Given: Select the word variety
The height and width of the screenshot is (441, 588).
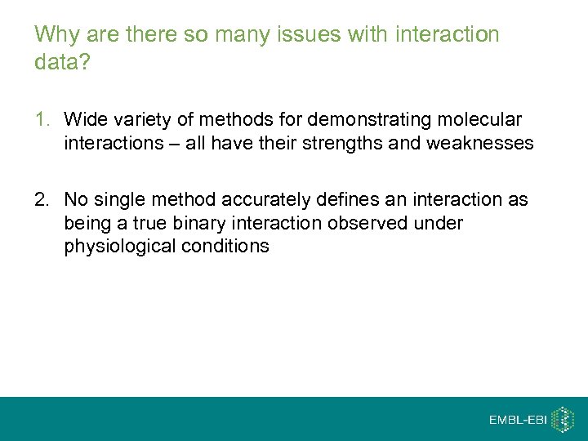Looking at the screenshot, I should coord(135,120).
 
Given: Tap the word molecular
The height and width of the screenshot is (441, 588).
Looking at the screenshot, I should coord(481,120).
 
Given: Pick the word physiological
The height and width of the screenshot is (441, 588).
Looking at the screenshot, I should coord(122,247).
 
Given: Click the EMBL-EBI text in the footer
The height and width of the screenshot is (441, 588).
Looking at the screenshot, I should coord(518,420).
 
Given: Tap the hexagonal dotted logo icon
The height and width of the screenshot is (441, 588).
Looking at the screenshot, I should coord(563,419).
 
